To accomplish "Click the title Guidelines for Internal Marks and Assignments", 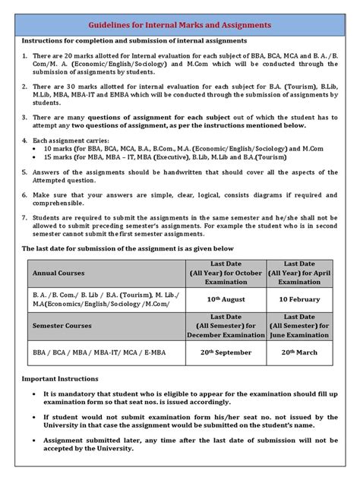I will [x=180, y=26].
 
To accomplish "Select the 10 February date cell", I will [x=299, y=300].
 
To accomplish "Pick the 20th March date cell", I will [x=299, y=354].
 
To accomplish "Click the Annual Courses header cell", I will [x=58, y=272].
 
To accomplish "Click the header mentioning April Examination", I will [x=299, y=272].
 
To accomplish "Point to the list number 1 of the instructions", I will [x=24, y=57].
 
